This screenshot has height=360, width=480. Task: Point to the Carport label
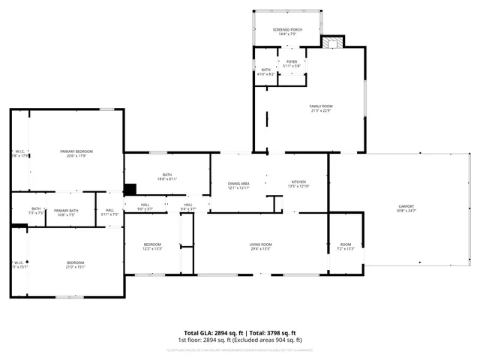coord(406,208)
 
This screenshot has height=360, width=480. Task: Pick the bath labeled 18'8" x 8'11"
coord(167,177)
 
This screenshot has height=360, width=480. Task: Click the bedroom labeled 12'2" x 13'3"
coord(152,247)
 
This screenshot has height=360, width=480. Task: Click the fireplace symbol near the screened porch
coord(332,43)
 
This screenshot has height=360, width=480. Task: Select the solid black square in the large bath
coord(130,190)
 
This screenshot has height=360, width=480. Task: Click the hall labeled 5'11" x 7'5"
coord(109,211)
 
